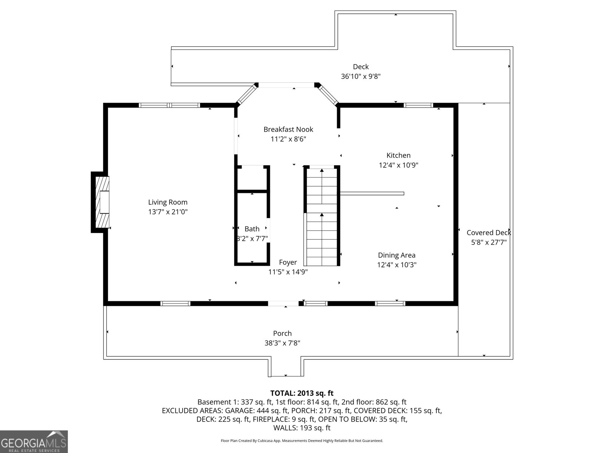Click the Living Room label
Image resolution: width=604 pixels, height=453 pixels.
point(168,202)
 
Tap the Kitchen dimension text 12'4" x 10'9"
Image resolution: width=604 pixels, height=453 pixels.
point(398,165)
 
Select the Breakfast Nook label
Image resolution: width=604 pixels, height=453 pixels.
point(288,129)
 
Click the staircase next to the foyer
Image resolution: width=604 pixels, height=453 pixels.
point(322,216)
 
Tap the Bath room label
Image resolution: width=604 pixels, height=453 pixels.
point(252,229)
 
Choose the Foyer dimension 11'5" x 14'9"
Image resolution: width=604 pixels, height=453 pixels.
point(288,272)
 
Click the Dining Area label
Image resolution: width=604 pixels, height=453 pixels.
point(396,255)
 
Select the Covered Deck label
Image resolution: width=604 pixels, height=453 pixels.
point(489,233)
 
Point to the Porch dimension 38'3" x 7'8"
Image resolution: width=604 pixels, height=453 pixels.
point(282,343)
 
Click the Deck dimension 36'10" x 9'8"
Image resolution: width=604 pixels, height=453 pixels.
point(361,76)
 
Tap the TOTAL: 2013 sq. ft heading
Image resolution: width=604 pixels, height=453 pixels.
point(302,393)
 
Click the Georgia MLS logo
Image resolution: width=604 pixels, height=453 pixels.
point(34,441)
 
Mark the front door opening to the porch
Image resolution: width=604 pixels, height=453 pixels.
point(283,304)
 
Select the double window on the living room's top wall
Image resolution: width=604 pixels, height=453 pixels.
point(169,105)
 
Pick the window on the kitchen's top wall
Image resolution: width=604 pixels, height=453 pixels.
point(418,105)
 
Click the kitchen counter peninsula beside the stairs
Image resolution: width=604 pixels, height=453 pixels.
point(372,194)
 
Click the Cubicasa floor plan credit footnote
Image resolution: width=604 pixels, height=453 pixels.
point(302,441)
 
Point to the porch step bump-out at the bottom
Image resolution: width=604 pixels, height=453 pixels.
point(286,367)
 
